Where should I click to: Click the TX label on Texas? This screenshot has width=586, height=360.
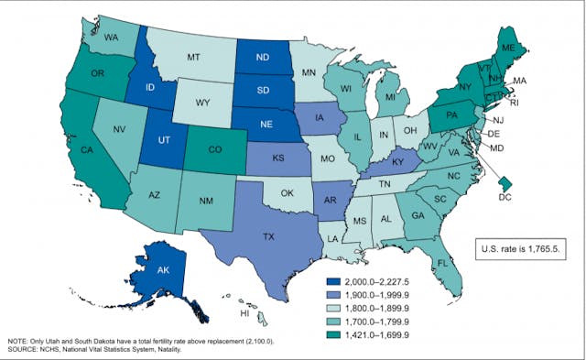pyautogui.click(x=268, y=236)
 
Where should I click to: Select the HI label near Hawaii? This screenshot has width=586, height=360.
pyautogui.click(x=244, y=312)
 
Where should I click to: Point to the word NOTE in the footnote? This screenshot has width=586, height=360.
pyautogui.click(x=19, y=339)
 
